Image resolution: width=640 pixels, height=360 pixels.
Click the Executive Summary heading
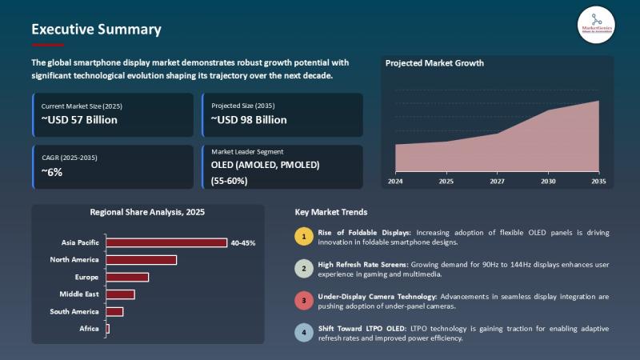coord(96,30)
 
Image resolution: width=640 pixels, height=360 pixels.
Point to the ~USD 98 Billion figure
coord(249,120)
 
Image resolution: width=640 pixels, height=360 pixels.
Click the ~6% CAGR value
coord(51,172)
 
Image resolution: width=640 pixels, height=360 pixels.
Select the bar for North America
coord(141,259)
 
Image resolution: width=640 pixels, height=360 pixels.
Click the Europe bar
coord(127,277)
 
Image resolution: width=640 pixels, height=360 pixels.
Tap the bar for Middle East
coord(120,294)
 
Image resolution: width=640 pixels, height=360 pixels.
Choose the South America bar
coord(114,311)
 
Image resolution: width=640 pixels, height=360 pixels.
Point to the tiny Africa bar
coord(107,329)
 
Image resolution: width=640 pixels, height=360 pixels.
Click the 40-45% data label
coord(242,242)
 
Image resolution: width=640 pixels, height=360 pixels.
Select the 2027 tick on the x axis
coord(497,182)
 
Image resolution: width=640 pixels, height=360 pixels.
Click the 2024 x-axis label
coord(395,182)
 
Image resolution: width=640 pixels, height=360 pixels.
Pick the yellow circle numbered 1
coord(303,236)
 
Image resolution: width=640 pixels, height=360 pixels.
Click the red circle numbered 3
coord(303,301)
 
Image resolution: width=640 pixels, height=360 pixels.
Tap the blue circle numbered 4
coord(303,333)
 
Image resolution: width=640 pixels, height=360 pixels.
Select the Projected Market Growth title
coord(434,63)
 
